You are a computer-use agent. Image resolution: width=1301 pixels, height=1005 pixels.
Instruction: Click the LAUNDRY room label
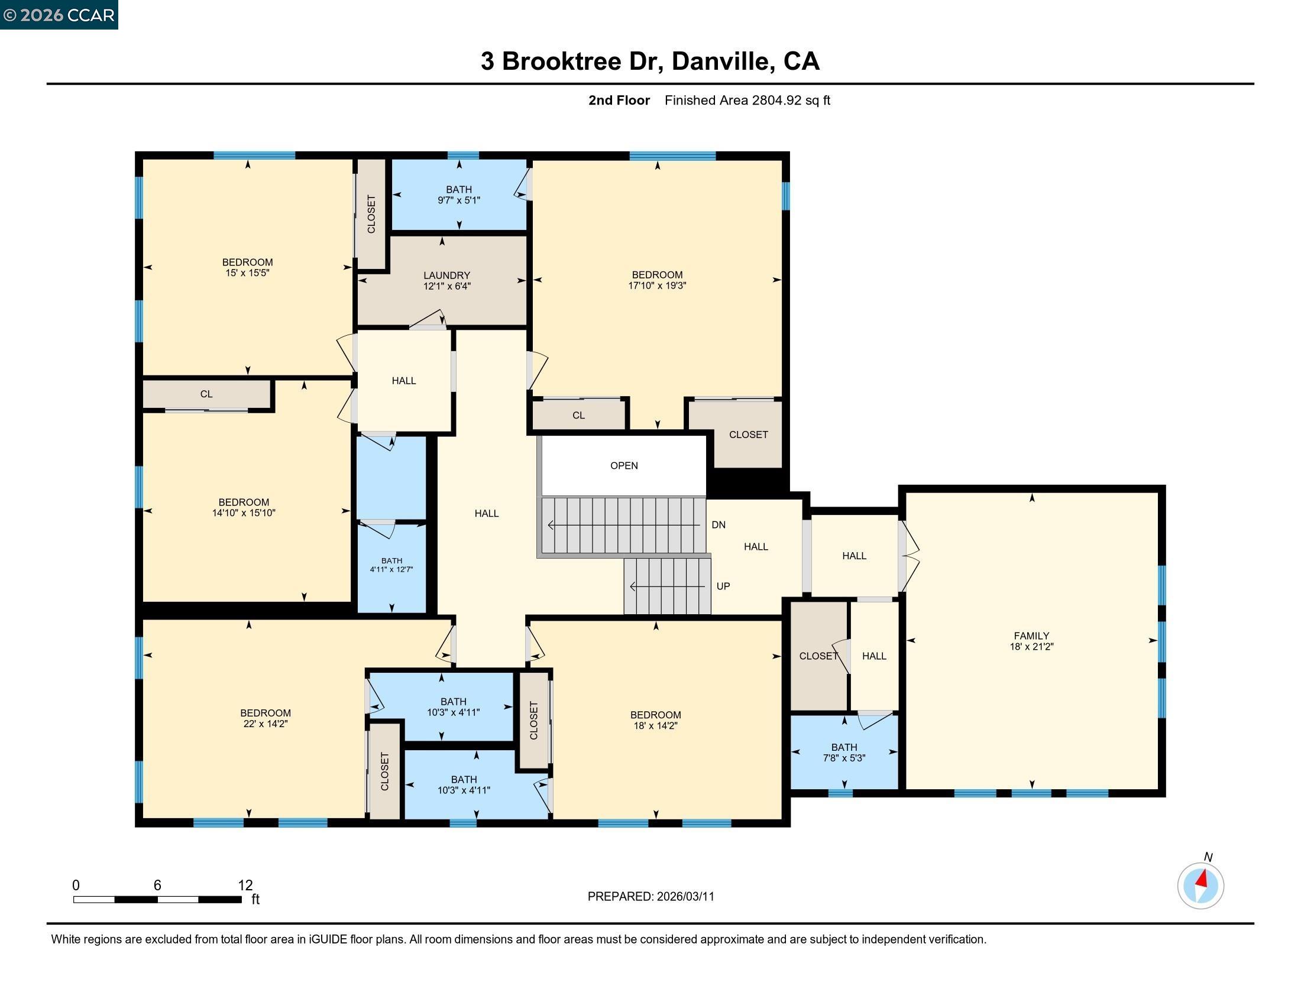(x=446, y=275)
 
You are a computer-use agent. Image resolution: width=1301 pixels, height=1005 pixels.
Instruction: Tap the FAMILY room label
(x=1031, y=636)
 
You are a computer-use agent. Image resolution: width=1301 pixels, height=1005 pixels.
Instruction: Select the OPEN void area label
(x=624, y=466)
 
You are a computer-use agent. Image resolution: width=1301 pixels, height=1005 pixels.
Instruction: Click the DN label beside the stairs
(x=719, y=525)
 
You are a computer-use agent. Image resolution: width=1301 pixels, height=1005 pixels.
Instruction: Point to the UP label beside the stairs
(x=723, y=586)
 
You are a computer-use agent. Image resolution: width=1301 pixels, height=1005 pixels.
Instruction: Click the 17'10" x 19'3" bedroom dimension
(x=657, y=286)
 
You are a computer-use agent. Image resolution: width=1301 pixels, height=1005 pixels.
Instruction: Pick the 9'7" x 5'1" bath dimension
(x=459, y=200)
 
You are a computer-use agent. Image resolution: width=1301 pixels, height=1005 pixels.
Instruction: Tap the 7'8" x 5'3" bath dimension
(x=844, y=758)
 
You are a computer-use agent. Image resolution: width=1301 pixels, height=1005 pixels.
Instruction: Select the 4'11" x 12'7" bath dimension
(x=391, y=570)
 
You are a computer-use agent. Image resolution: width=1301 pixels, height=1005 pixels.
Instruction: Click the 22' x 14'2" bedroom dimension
(x=265, y=724)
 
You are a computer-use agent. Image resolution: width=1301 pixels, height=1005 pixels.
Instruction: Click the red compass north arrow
(x=1202, y=878)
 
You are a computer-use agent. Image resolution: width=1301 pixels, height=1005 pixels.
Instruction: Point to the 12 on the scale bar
(x=245, y=886)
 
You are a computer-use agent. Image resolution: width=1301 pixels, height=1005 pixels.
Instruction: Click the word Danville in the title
(x=724, y=61)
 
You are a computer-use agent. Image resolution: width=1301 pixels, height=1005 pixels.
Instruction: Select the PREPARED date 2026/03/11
(x=685, y=897)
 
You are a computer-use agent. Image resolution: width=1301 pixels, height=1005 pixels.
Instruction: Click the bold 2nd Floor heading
(x=619, y=100)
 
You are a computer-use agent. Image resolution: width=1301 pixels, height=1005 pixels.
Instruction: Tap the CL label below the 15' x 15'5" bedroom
(x=206, y=394)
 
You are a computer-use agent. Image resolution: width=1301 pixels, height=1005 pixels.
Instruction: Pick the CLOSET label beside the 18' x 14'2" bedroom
(x=534, y=721)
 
